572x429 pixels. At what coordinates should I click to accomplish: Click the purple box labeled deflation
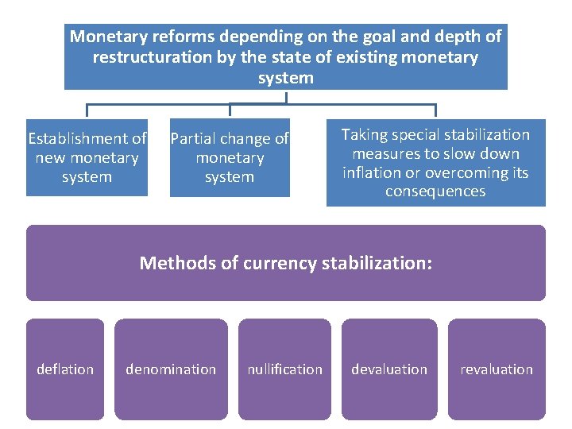click(65, 369)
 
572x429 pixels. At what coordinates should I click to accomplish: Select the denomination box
click(171, 369)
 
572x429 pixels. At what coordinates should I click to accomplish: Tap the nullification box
click(284, 369)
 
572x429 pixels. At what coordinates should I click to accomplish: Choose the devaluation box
click(389, 369)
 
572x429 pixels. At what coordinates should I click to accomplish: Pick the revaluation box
click(497, 369)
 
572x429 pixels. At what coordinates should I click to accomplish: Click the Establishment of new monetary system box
click(87, 158)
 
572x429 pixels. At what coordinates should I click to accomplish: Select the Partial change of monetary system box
click(230, 158)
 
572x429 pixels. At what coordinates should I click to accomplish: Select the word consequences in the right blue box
click(435, 191)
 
